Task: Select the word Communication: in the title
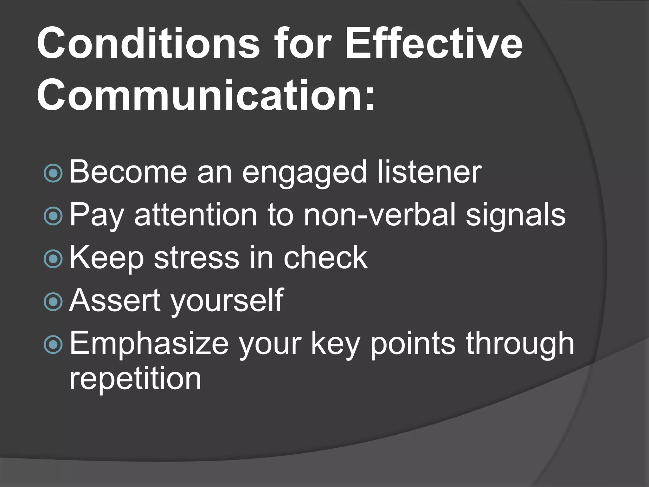point(206,95)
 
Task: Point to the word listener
point(429,172)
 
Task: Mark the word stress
point(196,258)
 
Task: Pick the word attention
point(196,215)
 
